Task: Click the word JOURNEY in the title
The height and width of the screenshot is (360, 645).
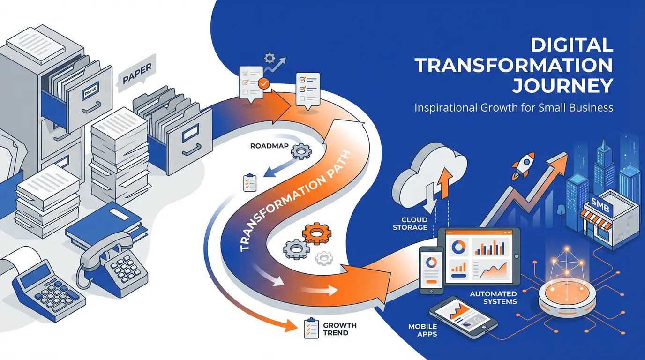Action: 563,86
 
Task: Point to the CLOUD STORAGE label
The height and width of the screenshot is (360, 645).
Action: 414,223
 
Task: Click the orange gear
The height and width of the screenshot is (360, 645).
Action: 317,233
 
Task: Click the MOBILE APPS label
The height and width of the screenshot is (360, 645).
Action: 423,330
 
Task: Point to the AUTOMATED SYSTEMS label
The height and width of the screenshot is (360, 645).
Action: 493,298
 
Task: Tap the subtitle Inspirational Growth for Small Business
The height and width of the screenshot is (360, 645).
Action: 514,108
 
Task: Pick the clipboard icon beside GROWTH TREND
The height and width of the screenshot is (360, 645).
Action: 309,328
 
